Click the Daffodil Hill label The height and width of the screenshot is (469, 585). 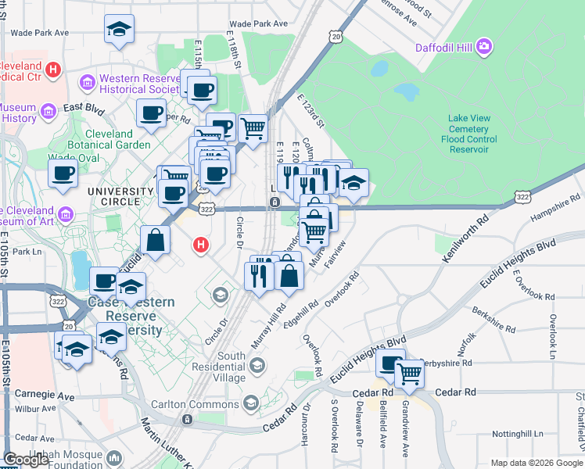[443, 47]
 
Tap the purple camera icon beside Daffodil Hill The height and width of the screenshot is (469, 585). [485, 47]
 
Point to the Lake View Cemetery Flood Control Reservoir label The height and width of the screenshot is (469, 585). [468, 134]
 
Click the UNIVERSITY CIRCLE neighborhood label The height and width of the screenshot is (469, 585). [120, 192]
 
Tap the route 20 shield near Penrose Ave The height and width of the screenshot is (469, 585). [336, 36]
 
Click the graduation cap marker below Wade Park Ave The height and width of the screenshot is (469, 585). [118, 30]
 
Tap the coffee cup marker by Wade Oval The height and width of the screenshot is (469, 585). [63, 173]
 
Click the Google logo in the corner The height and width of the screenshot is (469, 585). [26, 460]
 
